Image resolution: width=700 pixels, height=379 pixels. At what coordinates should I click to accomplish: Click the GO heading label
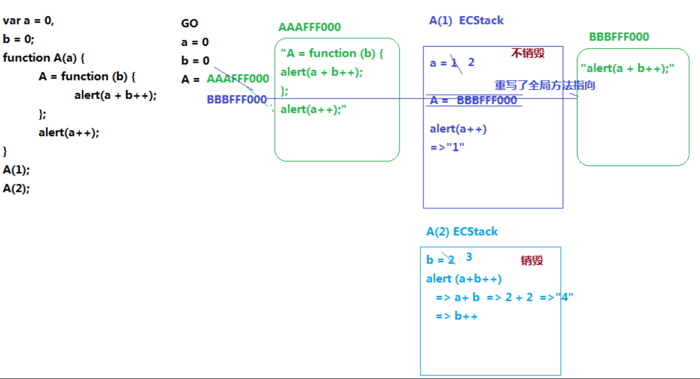(x=190, y=23)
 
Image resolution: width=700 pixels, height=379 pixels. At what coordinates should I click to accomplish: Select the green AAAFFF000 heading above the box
(x=309, y=27)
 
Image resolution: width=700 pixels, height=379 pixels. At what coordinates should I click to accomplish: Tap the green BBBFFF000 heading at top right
(x=619, y=37)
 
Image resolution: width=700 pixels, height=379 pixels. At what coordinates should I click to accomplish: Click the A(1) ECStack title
(x=466, y=20)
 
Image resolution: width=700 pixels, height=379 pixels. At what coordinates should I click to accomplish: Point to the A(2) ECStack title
(x=462, y=232)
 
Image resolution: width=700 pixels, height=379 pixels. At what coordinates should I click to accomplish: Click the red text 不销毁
(x=527, y=53)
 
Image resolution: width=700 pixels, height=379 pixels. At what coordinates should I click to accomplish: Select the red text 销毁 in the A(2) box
(x=532, y=260)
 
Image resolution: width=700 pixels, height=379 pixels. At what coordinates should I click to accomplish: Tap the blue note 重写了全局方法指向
(x=545, y=85)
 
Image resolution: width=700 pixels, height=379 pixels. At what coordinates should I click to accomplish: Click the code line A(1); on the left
(x=16, y=170)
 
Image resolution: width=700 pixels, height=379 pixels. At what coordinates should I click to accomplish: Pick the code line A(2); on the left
(x=16, y=189)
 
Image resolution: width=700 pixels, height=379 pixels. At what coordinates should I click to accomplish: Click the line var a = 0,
(x=28, y=20)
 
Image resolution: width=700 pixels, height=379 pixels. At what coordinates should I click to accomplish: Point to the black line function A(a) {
(x=44, y=58)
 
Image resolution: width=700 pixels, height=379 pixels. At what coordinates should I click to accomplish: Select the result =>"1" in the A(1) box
(x=447, y=147)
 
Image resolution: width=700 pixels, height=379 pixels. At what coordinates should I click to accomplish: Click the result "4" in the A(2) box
(x=565, y=297)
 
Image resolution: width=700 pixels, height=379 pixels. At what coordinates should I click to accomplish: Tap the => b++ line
(x=457, y=316)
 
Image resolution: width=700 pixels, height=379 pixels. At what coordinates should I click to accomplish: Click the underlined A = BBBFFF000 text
(x=473, y=100)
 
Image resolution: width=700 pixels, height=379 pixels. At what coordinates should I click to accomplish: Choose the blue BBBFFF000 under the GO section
(x=237, y=100)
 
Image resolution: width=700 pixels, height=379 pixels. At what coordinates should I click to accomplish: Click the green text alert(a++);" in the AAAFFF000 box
(x=314, y=109)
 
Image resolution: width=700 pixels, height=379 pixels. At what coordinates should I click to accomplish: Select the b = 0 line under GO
(x=195, y=61)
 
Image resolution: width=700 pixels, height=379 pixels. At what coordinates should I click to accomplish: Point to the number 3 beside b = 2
(x=469, y=257)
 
